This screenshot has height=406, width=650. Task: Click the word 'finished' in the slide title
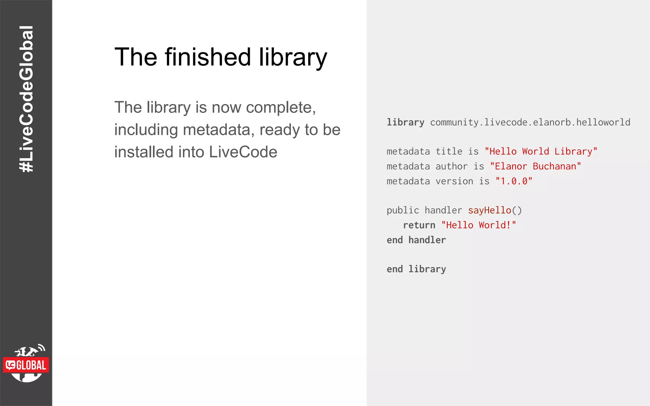coord(208,57)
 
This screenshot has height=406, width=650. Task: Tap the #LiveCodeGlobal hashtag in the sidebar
coord(26,99)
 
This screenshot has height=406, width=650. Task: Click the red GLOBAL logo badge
coord(26,365)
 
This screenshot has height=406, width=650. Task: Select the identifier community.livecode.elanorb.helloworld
coord(530,122)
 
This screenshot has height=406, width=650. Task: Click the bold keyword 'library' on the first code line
coord(405,122)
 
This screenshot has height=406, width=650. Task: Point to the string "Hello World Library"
coord(541,152)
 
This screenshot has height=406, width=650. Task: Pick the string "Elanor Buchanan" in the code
coord(535,167)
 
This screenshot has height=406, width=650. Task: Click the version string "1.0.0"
coord(514,181)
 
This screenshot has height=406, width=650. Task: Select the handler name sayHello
coord(489,210)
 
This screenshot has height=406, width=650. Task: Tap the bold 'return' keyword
coord(419,225)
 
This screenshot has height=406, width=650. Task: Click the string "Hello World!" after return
coord(479,225)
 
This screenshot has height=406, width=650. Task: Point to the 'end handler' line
coord(416,240)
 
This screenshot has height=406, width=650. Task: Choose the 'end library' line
coord(416,269)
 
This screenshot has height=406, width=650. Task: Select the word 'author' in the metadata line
coord(451,167)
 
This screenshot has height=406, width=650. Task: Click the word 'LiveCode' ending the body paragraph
coord(243,152)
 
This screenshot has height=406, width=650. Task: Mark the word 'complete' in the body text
coord(279,108)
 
